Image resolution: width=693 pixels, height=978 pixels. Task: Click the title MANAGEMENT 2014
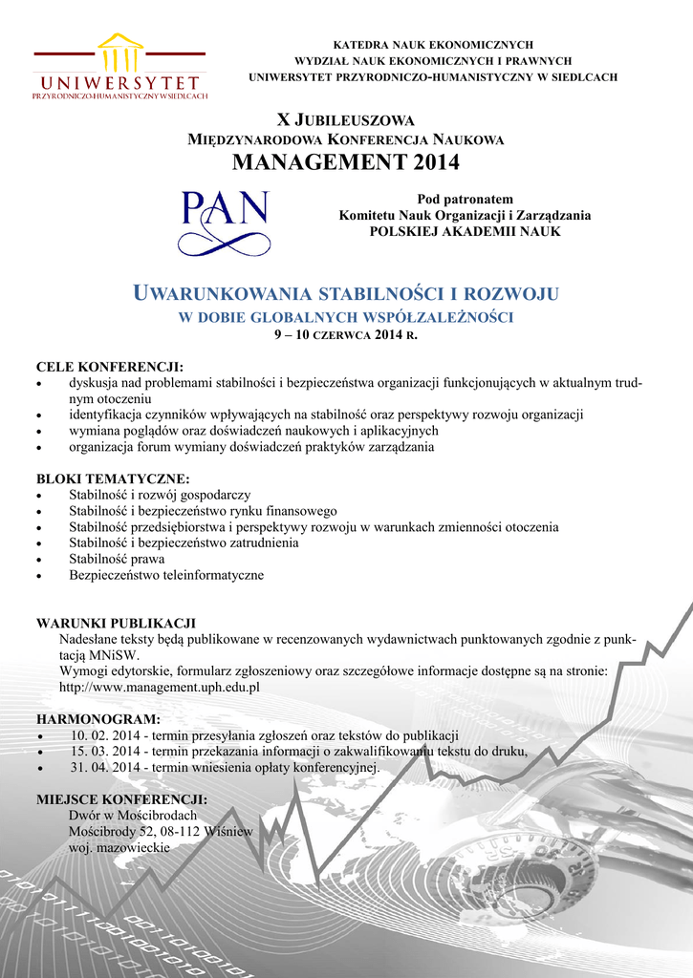tap(345, 162)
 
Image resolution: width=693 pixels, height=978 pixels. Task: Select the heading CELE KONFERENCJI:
tap(109, 368)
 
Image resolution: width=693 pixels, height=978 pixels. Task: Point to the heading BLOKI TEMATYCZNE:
tap(113, 478)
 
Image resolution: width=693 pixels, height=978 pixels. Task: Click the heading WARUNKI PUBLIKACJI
tap(116, 623)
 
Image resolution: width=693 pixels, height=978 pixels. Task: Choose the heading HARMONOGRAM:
tap(98, 718)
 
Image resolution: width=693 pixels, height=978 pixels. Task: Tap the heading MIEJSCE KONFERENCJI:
tap(121, 798)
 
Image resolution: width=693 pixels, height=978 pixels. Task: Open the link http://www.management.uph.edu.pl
tap(160, 687)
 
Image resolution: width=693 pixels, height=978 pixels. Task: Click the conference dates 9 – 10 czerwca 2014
tap(345, 335)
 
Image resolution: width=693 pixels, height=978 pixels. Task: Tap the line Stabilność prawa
tap(117, 559)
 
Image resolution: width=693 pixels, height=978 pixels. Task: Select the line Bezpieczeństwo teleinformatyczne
tap(166, 575)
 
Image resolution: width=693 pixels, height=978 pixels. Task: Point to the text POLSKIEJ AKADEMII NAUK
tap(465, 231)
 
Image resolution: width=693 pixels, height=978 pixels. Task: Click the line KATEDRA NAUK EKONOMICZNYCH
tap(432, 45)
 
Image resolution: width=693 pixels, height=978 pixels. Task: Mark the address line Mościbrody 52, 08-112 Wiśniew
tap(161, 831)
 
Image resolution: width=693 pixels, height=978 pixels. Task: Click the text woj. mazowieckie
tap(119, 847)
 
